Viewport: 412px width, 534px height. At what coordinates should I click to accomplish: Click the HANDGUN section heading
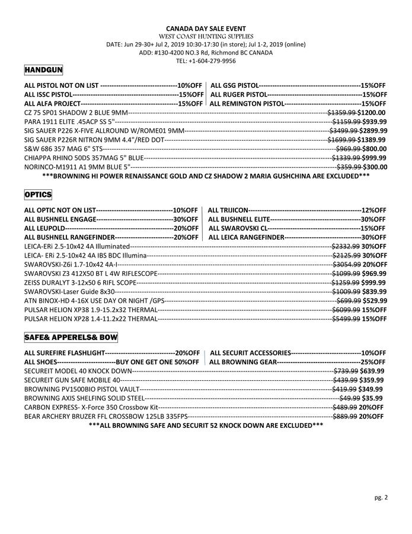(x=44, y=70)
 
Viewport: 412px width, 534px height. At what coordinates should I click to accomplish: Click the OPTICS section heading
(x=38, y=195)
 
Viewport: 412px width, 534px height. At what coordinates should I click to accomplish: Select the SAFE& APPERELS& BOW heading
(x=71, y=337)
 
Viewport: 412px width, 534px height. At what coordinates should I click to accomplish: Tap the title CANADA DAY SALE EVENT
(x=206, y=28)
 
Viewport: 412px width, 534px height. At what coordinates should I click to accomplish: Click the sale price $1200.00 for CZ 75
(x=372, y=112)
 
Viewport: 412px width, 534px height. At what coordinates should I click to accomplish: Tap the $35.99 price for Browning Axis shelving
(x=373, y=398)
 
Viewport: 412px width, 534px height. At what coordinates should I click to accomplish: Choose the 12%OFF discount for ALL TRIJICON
(x=373, y=210)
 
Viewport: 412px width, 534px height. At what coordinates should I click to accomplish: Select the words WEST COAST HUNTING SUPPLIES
(x=206, y=37)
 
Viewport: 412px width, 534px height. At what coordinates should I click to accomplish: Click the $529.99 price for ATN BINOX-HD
(x=375, y=301)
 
